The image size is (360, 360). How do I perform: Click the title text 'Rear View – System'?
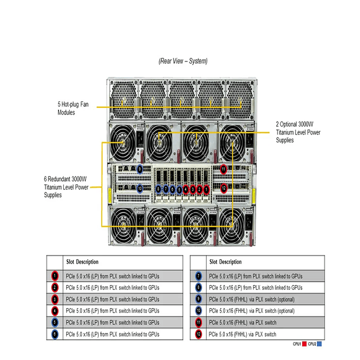pyautogui.click(x=182, y=61)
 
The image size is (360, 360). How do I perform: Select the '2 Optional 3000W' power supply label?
pyautogui.click(x=298, y=132)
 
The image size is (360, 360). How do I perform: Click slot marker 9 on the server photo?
pyautogui.click(x=140, y=169)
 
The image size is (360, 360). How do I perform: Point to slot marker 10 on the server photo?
pyautogui.click(x=140, y=189)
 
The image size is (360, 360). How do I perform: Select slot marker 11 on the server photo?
pyautogui.click(x=224, y=169)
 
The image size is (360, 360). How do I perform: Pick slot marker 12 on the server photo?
pyautogui.click(x=224, y=189)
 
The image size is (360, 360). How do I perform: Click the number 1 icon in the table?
pyautogui.click(x=54, y=275)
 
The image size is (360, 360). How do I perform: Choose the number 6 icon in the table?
pyautogui.click(x=54, y=335)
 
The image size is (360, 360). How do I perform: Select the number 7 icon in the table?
pyautogui.click(x=198, y=275)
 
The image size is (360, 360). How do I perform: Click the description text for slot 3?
pyautogui.click(x=112, y=299)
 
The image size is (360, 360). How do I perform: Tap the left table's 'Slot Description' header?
pyautogui.click(x=82, y=261)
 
